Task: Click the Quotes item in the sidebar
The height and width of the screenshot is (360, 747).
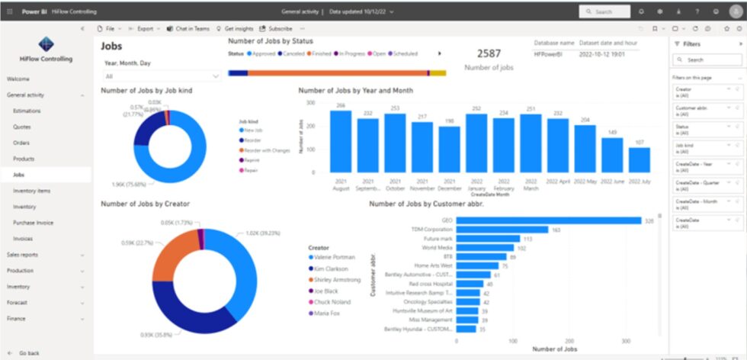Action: click(22, 127)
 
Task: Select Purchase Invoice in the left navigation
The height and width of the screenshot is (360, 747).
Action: click(33, 223)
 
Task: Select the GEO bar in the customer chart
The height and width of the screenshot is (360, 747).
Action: click(549, 220)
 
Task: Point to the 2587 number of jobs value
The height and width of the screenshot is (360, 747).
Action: click(489, 53)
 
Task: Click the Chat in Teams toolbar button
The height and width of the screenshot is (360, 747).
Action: click(188, 28)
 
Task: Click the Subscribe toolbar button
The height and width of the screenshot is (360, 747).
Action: click(276, 28)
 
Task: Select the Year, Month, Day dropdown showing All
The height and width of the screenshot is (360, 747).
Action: click(162, 76)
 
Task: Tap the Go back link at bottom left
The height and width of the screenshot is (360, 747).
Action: click(29, 353)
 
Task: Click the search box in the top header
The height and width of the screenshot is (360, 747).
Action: click(606, 11)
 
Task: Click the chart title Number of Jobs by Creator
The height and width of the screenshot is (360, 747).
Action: click(146, 204)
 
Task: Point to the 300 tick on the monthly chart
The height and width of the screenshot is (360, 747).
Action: click(310, 102)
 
